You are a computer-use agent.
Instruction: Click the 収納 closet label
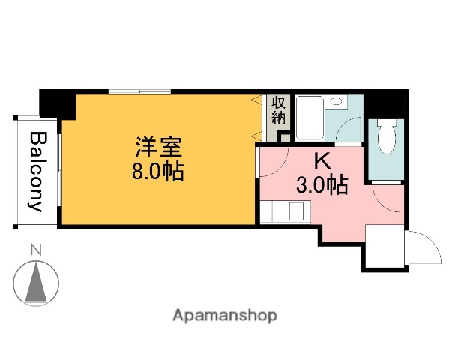279,109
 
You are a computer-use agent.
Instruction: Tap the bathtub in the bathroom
310,118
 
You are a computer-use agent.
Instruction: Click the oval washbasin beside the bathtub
337,101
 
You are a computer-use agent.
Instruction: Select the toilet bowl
387,139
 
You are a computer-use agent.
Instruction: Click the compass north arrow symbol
36,283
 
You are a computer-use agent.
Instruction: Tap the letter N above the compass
35,250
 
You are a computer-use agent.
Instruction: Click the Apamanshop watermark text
224,316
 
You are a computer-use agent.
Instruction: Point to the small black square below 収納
283,136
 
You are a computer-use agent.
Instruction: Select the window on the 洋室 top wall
139,92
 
